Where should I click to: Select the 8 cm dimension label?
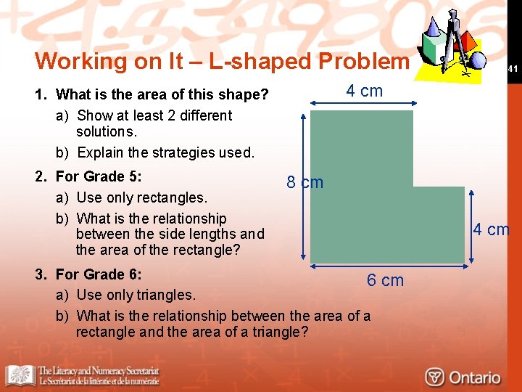[x=304, y=182]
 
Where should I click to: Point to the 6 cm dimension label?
[x=385, y=280]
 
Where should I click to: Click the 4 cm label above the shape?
[x=364, y=91]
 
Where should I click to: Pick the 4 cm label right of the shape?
[x=491, y=230]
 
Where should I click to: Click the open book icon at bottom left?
[x=20, y=375]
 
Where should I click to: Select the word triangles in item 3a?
[x=167, y=295]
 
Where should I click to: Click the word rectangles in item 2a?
[x=173, y=197]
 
